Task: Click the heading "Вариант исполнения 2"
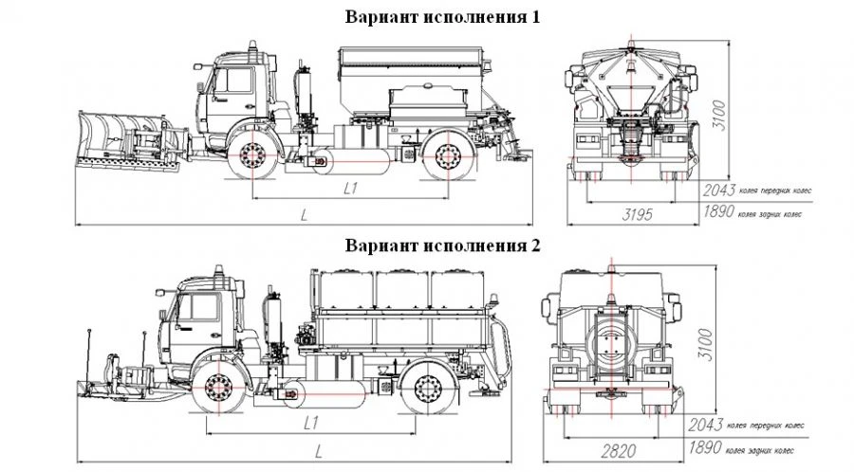pos(442,245)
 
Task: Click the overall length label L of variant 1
pos(304,215)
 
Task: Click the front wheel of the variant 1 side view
pos(253,156)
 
